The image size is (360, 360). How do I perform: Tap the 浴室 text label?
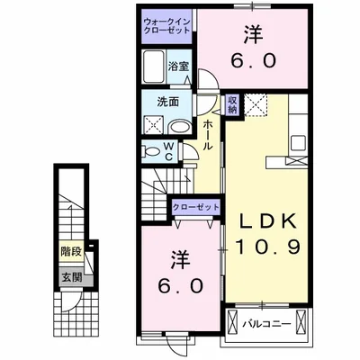click(179, 66)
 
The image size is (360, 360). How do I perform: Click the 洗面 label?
click(166, 101)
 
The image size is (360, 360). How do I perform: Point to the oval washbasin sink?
click(178, 125)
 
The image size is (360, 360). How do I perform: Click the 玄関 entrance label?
click(70, 276)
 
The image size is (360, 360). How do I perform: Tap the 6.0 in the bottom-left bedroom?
click(178, 285)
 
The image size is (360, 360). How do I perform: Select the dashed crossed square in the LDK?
click(256, 104)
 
